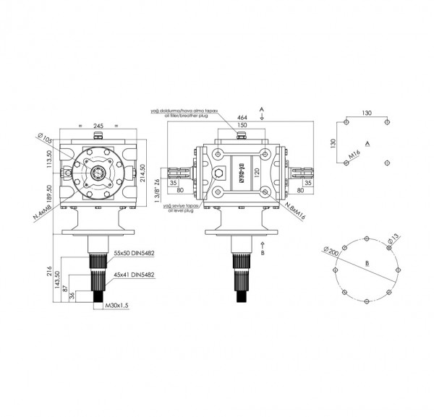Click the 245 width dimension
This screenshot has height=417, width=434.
point(99,125)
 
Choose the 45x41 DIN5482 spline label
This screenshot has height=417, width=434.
point(135,275)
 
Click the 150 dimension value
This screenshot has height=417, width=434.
point(241,126)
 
